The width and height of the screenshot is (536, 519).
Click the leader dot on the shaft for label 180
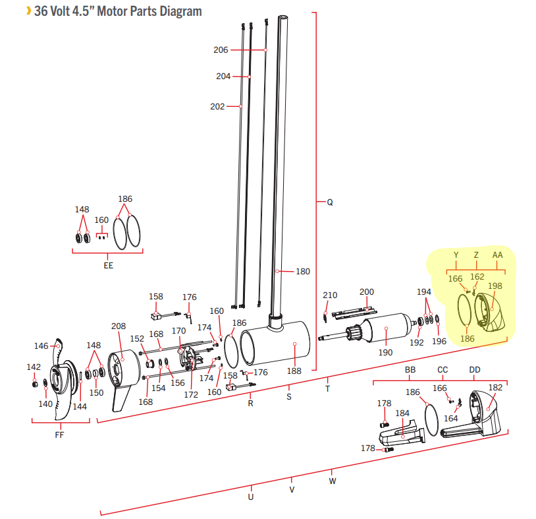pos(277,271)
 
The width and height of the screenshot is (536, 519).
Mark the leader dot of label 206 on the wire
pos(265,50)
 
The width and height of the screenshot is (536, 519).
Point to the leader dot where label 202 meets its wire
pos(240,106)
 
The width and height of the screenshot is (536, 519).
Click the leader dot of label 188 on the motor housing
pos(294,344)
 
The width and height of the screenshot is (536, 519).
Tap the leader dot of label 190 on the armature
pos(386,328)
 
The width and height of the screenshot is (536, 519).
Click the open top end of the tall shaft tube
pos(282,17)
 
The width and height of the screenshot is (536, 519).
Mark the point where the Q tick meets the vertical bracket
pos(316,202)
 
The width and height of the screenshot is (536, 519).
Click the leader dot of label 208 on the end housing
pos(122,359)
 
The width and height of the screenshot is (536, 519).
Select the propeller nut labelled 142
pos(34,384)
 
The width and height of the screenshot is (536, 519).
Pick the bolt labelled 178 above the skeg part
pos(385,425)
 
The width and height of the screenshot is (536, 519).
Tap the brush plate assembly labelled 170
pos(189,358)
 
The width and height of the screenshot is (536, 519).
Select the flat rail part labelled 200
pos(354,313)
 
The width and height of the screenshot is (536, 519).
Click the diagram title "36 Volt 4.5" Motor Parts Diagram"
pos(119,11)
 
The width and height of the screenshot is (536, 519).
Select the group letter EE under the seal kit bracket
pos(108,266)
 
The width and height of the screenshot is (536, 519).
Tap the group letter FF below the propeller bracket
pos(59,435)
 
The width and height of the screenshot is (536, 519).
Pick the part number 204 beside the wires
pos(223,76)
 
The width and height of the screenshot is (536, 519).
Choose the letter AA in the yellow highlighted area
pos(497,255)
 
